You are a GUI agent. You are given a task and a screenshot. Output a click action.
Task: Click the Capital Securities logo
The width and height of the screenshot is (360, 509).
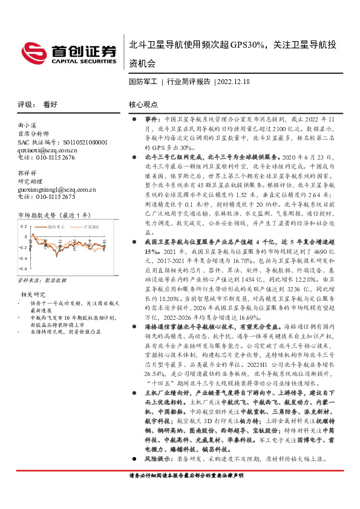pyautogui.click(x=68, y=54)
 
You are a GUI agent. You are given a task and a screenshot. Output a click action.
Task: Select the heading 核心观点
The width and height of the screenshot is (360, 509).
pyautogui.click(x=143, y=104)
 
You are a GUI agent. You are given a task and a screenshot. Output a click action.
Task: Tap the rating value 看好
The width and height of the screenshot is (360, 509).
pyautogui.click(x=50, y=104)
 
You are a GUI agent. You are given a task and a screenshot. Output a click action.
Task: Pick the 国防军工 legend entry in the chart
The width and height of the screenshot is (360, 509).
pyautogui.click(x=56, y=225)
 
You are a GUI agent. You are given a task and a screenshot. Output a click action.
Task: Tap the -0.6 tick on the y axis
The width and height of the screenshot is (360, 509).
pyautogui.click(x=22, y=268)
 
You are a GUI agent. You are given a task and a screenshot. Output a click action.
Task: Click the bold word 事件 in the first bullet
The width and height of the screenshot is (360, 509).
pyautogui.click(x=152, y=120)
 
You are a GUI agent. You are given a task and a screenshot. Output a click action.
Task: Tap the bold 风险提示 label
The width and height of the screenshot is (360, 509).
pyautogui.click(x=159, y=459)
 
